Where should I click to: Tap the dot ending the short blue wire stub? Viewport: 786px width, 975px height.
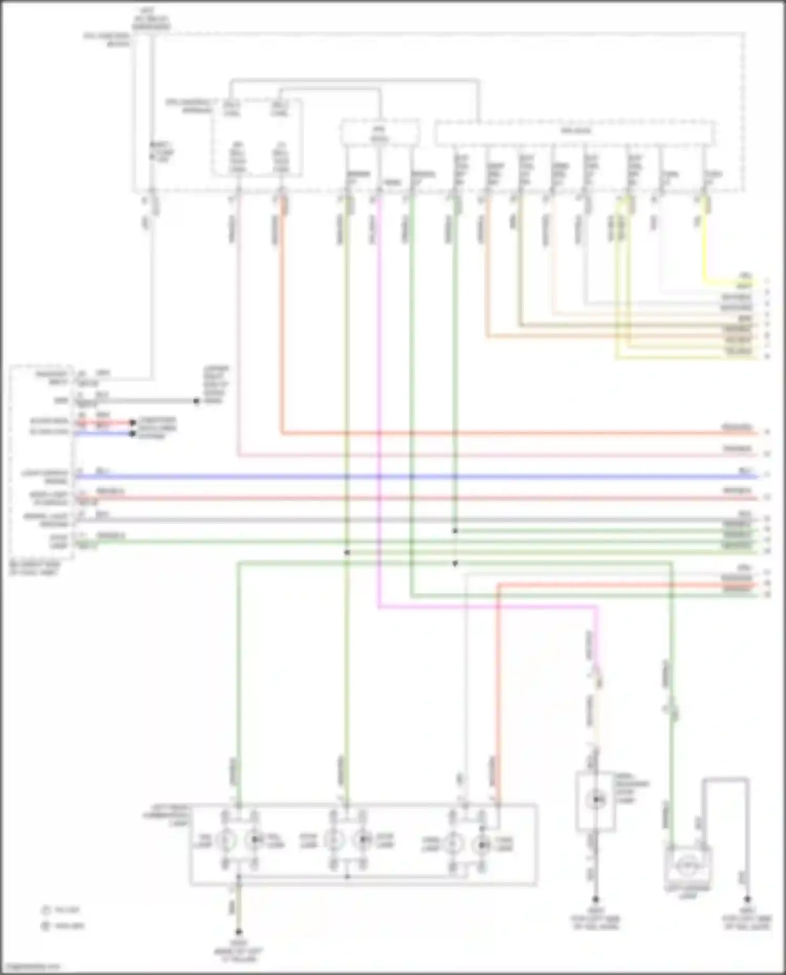133,434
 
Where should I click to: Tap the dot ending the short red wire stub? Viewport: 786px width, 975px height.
133,422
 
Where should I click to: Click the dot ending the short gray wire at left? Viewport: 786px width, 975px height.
196,401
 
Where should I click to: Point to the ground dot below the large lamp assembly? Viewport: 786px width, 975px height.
238,932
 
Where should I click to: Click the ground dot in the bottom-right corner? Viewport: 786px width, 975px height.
747,899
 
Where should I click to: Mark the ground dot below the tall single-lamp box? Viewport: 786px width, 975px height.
595,899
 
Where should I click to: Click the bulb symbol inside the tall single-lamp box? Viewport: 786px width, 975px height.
595,799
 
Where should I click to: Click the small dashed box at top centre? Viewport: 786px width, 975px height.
380,132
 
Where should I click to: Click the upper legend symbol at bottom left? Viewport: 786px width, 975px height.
46,910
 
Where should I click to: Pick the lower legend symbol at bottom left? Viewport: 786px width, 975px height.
46,926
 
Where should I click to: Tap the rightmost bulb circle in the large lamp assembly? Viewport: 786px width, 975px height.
482,843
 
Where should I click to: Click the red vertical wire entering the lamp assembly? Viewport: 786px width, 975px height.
497,681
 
